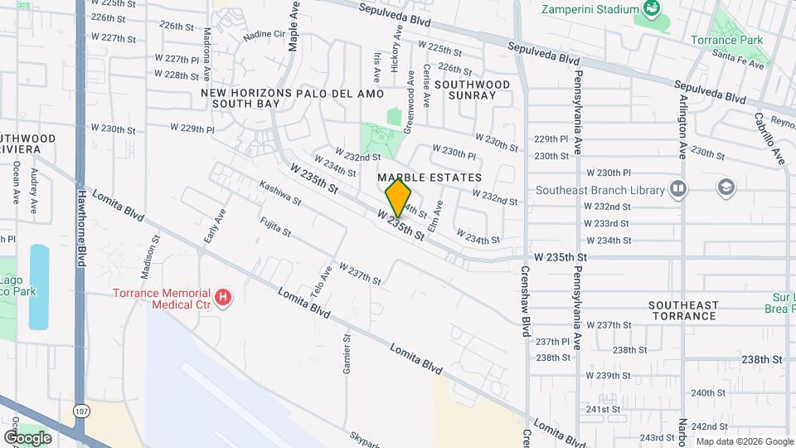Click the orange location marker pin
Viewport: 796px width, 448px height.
coord(399,198)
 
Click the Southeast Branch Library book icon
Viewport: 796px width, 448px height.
coord(679,189)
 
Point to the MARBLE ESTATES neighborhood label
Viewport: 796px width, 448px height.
coord(430,178)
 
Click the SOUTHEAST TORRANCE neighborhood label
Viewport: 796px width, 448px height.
coord(682,310)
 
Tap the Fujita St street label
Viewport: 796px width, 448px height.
coord(275,226)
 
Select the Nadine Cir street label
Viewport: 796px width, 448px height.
coord(264,35)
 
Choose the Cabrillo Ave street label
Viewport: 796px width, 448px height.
coord(768,139)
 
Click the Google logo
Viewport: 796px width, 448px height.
coord(27,437)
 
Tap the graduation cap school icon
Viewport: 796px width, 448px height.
coord(726,187)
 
